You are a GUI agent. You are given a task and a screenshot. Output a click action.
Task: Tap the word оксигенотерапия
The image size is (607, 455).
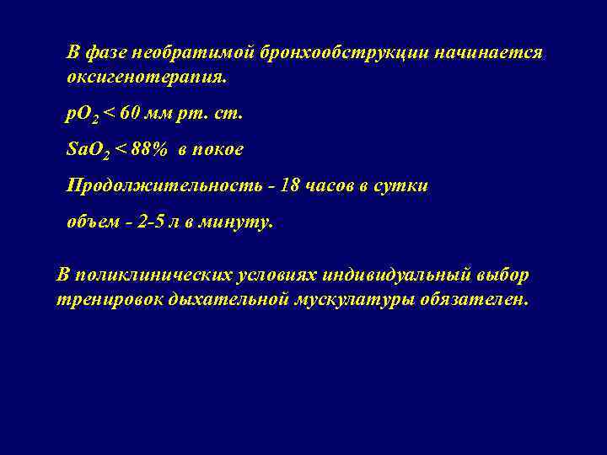coord(147,78)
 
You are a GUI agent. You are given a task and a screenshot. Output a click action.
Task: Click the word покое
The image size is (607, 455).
coord(218,150)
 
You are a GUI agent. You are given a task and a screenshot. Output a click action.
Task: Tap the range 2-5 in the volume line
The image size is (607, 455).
coord(149,223)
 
